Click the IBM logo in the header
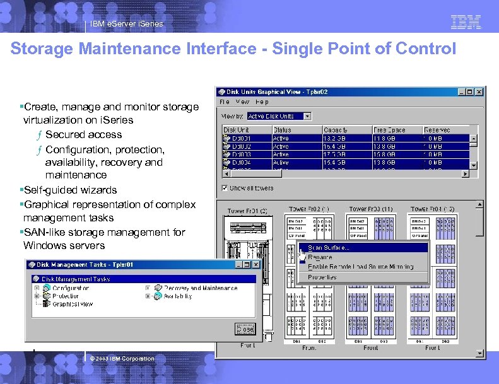(466, 22)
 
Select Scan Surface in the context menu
(328, 248)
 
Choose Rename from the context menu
(320, 257)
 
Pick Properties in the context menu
(322, 277)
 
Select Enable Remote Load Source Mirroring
(360, 267)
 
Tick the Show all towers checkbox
(225, 188)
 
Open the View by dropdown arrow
(307, 116)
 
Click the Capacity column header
(336, 130)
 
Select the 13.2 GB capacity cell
(334, 137)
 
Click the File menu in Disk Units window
(225, 102)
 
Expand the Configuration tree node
(37, 288)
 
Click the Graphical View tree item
(73, 304)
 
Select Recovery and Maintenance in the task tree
(200, 288)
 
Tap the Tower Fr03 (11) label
(371, 209)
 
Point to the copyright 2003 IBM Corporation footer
(122, 359)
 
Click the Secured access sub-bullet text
(83, 134)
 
